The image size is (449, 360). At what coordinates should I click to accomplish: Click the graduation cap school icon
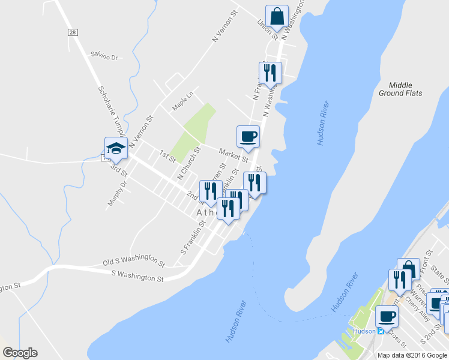(116, 148)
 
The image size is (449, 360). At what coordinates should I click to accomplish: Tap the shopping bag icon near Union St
(277, 16)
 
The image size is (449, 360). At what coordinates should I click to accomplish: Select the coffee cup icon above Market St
(247, 137)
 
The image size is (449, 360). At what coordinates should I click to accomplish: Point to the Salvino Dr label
(106, 56)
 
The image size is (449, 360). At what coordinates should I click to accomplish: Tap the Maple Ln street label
(182, 100)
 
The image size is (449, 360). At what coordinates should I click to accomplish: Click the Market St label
(233, 155)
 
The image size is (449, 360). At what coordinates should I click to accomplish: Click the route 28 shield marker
(73, 32)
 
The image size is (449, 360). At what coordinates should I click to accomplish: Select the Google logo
(20, 353)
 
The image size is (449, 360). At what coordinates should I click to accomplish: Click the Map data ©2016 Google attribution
(412, 355)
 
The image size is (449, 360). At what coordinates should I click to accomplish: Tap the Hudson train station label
(364, 331)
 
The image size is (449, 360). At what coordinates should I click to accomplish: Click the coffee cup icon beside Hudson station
(386, 316)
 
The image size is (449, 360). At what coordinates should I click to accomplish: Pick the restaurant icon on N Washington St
(270, 73)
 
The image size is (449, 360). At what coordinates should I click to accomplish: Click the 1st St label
(167, 157)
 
